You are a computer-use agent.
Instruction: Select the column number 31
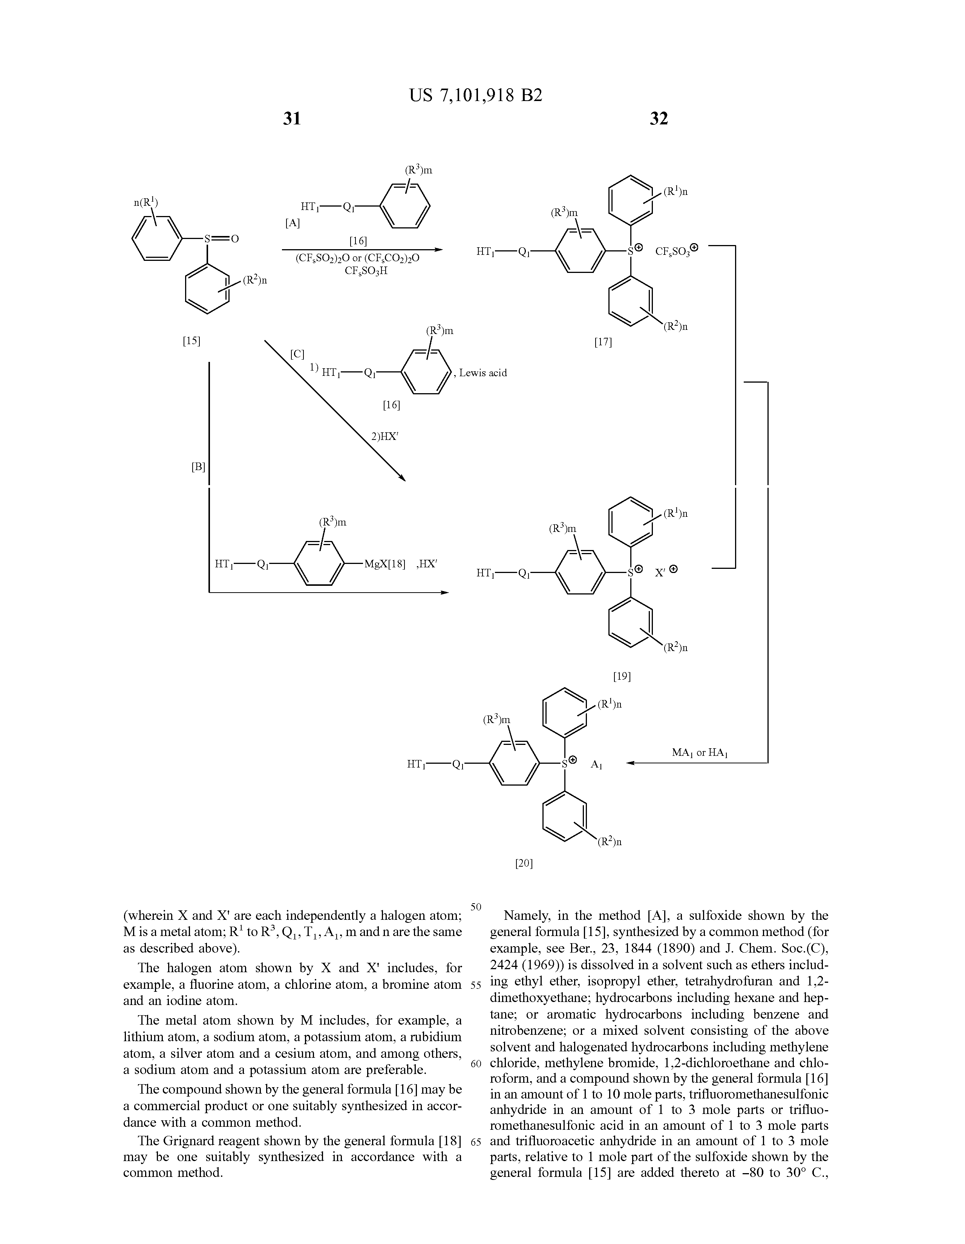(x=292, y=118)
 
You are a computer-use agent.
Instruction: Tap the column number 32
(x=659, y=118)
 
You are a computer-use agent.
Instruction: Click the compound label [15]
(x=191, y=341)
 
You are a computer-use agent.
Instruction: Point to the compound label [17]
(x=603, y=342)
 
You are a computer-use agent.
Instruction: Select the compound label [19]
(x=622, y=676)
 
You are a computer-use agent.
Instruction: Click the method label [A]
(x=292, y=224)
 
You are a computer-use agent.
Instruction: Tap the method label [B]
(x=198, y=467)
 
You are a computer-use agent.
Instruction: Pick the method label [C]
(x=297, y=354)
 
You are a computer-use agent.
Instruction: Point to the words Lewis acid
(x=483, y=373)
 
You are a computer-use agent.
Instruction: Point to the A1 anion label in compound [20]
(x=596, y=765)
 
